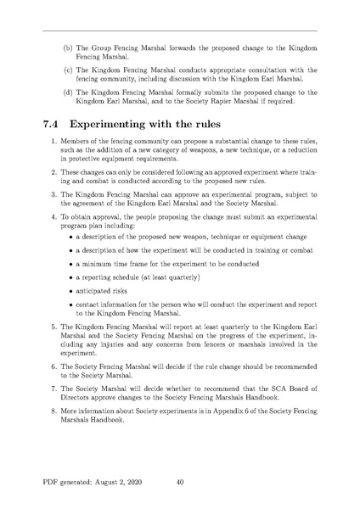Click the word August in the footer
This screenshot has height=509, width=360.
click(118, 482)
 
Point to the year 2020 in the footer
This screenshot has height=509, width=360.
click(153, 482)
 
